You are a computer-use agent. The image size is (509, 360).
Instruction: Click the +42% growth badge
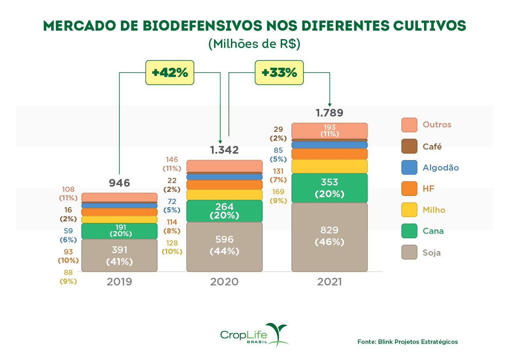tap(170, 73)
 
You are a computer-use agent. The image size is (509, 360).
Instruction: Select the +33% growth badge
tap(279, 73)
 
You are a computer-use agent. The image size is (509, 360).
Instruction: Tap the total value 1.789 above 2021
tap(329, 113)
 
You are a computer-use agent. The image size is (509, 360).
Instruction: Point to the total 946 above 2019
tap(119, 183)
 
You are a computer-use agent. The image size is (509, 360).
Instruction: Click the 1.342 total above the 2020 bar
tap(224, 150)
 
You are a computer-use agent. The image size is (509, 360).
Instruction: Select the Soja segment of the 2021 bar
tap(329, 237)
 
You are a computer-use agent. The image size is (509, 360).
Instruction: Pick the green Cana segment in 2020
tap(224, 211)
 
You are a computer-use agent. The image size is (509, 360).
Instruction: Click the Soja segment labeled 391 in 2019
tap(119, 255)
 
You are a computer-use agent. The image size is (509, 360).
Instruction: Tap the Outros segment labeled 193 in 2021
tap(329, 131)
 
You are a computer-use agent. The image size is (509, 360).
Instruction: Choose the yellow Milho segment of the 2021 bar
tap(329, 166)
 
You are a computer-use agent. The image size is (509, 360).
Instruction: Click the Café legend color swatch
tap(409, 146)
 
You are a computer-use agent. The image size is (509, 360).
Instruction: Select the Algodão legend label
tap(440, 168)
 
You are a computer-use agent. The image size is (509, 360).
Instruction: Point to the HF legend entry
tap(428, 189)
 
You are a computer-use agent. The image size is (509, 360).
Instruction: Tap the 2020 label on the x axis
tap(224, 281)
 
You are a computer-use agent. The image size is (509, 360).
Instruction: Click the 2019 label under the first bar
tap(119, 281)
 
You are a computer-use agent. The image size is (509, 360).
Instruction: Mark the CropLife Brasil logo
tap(254, 335)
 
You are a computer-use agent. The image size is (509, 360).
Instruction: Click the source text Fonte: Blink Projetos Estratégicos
tap(407, 342)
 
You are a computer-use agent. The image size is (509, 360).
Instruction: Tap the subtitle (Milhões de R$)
tap(254, 44)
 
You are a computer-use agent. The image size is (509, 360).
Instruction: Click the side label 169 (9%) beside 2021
tap(278, 196)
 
